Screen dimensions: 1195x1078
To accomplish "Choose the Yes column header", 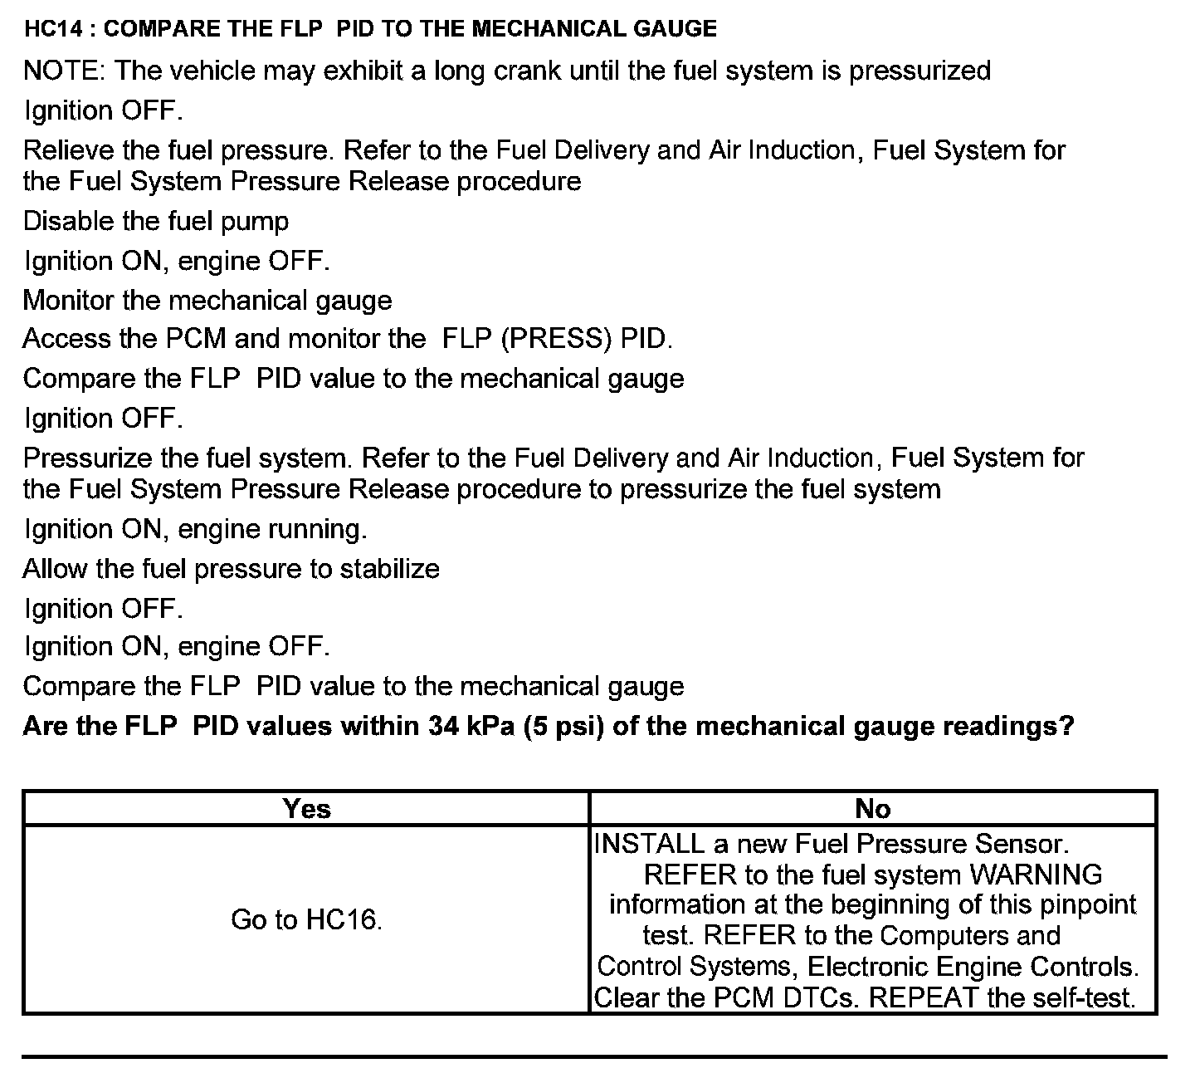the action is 306,809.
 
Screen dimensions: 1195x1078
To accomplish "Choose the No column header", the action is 872,809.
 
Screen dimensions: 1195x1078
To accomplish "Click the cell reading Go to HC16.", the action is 306,920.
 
